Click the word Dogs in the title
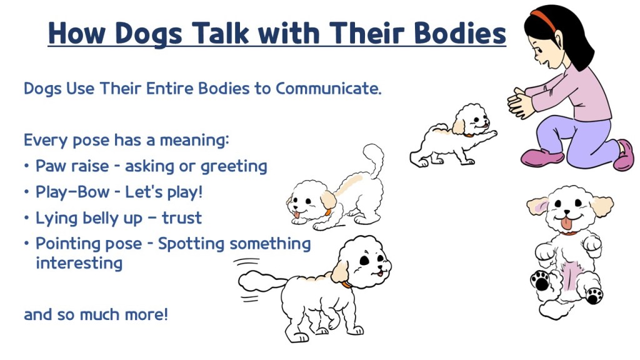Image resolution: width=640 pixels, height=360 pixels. tap(149, 34)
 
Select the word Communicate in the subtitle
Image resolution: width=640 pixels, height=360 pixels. tap(329, 88)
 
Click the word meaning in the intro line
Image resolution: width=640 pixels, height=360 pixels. tap(194, 141)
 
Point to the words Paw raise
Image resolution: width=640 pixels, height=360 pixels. tap(72, 166)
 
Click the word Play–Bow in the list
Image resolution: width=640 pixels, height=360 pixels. tap(72, 192)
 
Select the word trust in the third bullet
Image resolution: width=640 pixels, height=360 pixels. tap(182, 218)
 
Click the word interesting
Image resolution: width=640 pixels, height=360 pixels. tap(79, 263)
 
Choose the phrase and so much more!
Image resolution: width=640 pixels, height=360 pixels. tap(96, 315)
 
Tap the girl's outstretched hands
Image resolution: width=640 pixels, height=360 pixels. tap(520, 103)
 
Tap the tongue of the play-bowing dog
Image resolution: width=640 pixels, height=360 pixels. tap(297, 215)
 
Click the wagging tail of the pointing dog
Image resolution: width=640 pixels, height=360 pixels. tap(261, 282)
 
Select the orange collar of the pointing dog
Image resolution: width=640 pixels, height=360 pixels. tap(346, 284)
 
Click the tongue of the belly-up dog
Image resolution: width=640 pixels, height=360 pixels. tap(566, 223)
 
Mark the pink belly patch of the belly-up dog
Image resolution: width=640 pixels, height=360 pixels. tap(568, 276)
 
